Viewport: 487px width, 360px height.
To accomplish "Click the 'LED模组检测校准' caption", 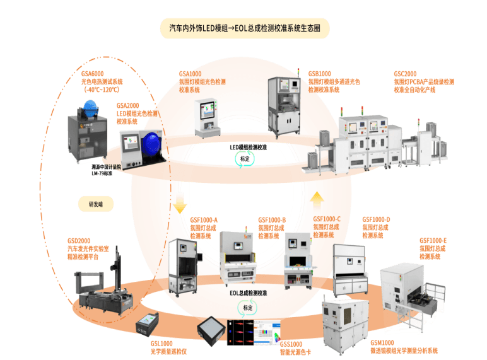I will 249,146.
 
